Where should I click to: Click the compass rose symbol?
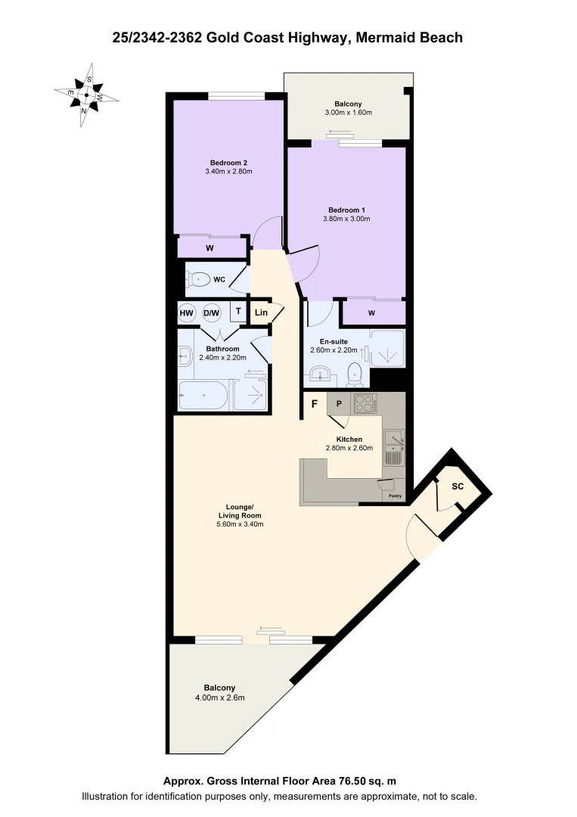click(86, 95)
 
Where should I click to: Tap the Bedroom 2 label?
click(228, 163)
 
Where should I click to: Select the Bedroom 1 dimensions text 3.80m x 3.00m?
click(349, 219)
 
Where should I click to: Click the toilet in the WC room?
click(198, 279)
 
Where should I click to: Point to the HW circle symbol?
click(187, 312)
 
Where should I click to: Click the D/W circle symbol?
click(212, 312)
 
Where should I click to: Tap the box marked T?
click(237, 311)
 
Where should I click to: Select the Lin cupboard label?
click(261, 312)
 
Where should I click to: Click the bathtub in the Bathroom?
click(203, 395)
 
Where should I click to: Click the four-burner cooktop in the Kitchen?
click(365, 403)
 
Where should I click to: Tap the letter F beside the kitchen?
click(314, 404)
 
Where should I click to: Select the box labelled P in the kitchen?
click(339, 404)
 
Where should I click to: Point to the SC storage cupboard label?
click(457, 486)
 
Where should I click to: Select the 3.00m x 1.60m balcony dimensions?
click(348, 113)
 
